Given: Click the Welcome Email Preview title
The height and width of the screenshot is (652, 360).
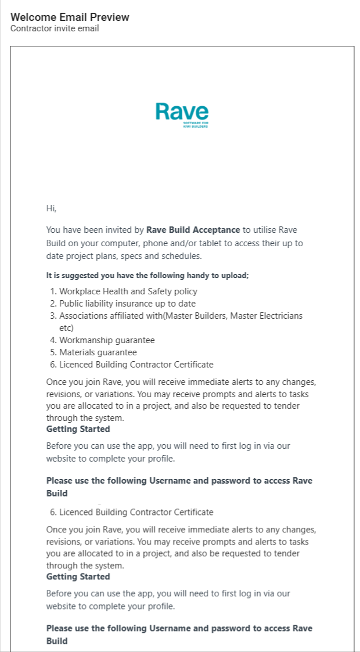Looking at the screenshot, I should (x=70, y=17).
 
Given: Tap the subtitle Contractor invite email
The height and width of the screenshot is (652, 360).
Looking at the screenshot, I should (x=55, y=28).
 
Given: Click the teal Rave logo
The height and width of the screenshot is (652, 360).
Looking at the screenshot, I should (x=182, y=111).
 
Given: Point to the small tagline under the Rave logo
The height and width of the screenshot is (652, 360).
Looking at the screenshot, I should (x=195, y=125).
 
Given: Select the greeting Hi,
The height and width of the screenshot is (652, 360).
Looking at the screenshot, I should (x=51, y=208).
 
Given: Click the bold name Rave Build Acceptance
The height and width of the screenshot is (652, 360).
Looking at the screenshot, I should (x=193, y=230).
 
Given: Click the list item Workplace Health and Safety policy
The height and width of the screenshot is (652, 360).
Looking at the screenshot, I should (x=128, y=291).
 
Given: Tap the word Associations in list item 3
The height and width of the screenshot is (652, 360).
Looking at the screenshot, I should (x=84, y=316).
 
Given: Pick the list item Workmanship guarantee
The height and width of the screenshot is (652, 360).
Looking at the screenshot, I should (x=107, y=340).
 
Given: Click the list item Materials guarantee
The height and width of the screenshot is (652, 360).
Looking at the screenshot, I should (x=98, y=352).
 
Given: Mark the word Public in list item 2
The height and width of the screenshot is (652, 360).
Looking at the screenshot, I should (x=71, y=304).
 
